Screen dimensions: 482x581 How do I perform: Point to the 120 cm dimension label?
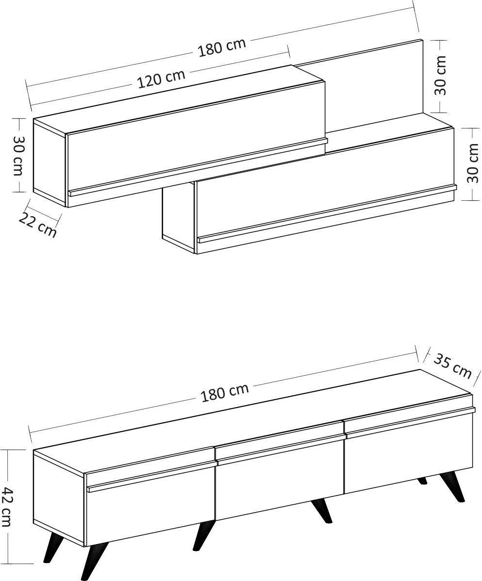(161, 79)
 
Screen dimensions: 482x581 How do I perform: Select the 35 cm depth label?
(452, 366)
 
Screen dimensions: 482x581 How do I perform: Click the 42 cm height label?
(7, 506)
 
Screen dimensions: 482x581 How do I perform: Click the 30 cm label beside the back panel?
(440, 76)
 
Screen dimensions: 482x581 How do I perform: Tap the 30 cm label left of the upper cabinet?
(18, 156)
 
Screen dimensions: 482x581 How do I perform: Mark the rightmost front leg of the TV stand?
(454, 486)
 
